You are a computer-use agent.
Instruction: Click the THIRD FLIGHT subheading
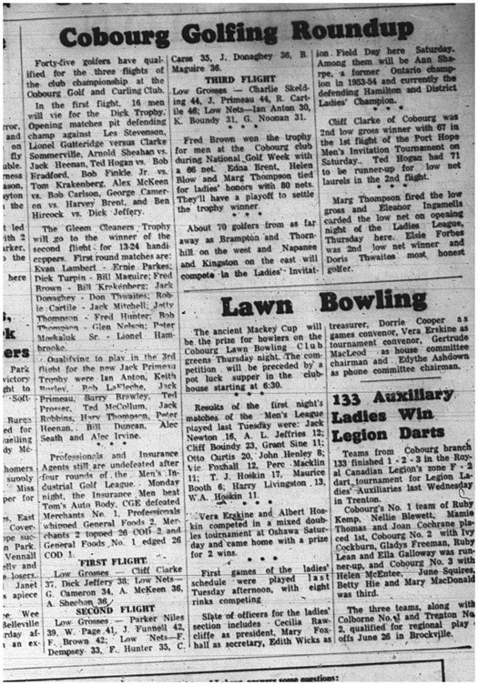click(x=239, y=78)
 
